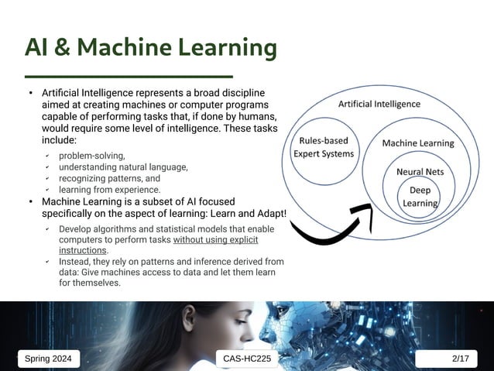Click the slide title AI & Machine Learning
pos(150,48)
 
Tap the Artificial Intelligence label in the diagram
pos(379,104)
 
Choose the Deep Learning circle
pos(420,197)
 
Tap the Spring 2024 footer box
pos(49,359)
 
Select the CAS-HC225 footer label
pos(247,359)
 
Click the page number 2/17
pos(460,359)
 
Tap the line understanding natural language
pos(123,167)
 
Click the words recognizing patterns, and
pos(109,178)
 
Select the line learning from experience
pos(109,190)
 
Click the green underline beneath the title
pos(129,77)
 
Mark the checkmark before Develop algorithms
pos(46,229)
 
